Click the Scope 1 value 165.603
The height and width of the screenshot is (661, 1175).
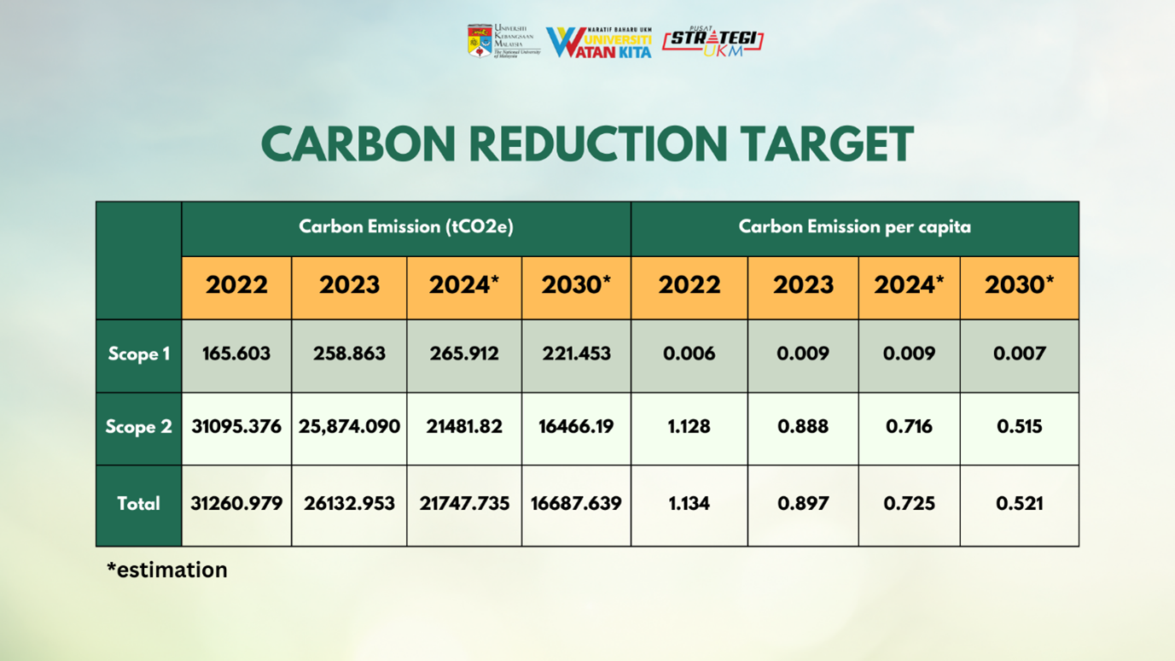pyautogui.click(x=236, y=354)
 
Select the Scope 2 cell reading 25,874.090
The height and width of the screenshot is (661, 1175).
pyautogui.click(x=349, y=426)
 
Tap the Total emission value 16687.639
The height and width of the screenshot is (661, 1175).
pyautogui.click(x=576, y=504)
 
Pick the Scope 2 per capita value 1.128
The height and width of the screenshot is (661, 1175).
pyautogui.click(x=689, y=426)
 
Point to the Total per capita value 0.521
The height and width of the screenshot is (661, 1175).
pyautogui.click(x=1019, y=504)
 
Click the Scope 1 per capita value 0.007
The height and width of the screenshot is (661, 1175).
pyautogui.click(x=1019, y=354)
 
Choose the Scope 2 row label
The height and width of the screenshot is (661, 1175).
pyautogui.click(x=138, y=426)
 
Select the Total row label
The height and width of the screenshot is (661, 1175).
pyautogui.click(x=138, y=504)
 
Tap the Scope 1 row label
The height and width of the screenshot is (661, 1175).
pyautogui.click(x=138, y=354)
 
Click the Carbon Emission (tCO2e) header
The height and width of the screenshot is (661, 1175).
pyautogui.click(x=406, y=227)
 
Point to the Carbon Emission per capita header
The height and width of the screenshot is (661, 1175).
pyautogui.click(x=854, y=227)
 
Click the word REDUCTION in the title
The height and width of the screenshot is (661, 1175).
pyautogui.click(x=597, y=144)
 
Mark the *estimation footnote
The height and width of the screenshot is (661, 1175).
pyautogui.click(x=167, y=570)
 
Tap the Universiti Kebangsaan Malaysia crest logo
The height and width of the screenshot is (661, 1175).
pyautogui.click(x=480, y=41)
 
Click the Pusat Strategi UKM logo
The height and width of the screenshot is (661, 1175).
pyautogui.click(x=713, y=41)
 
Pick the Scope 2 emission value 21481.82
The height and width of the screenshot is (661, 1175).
pyautogui.click(x=464, y=426)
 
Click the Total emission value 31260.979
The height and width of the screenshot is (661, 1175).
pyautogui.click(x=236, y=504)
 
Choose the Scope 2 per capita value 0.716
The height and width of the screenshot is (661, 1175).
pyautogui.click(x=909, y=426)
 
